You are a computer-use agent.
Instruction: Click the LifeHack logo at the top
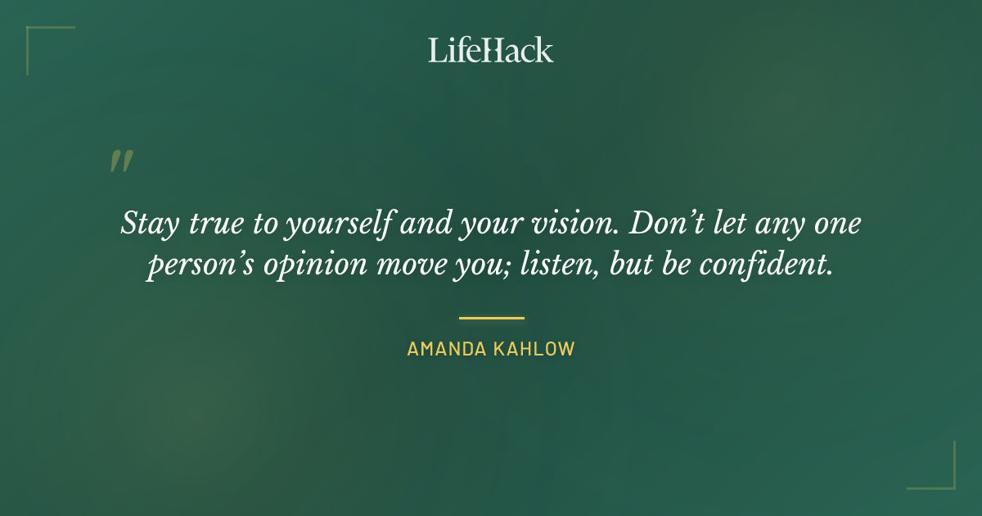[491, 50]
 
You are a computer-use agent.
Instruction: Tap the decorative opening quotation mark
[121, 161]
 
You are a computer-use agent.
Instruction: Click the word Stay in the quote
[147, 224]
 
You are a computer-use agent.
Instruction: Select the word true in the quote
[212, 224]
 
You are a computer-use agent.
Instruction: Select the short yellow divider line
[491, 318]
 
